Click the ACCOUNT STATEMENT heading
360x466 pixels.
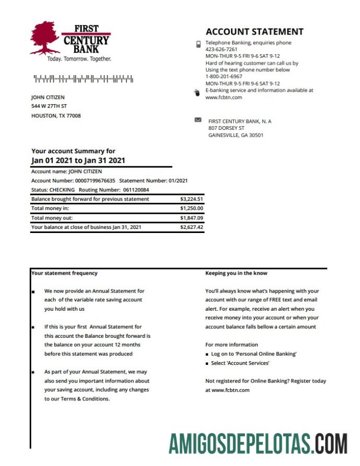click(x=254, y=32)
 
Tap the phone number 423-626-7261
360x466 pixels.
click(x=221, y=50)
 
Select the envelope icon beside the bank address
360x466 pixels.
click(x=198, y=120)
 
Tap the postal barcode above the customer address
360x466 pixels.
click(x=83, y=79)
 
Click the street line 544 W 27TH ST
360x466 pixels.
click(x=49, y=106)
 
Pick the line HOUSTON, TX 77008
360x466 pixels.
click(x=56, y=116)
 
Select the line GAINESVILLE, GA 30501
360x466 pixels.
click(x=236, y=135)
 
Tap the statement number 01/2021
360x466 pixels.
click(x=178, y=180)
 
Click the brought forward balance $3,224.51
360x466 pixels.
click(x=191, y=199)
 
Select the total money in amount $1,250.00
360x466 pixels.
click(x=191, y=209)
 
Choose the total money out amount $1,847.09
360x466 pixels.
click(x=191, y=218)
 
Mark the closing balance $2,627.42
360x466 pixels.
click(x=191, y=227)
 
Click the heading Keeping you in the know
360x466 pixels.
click(x=236, y=273)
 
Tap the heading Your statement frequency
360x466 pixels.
click(x=64, y=273)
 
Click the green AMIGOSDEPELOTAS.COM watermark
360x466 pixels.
click(x=257, y=444)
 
